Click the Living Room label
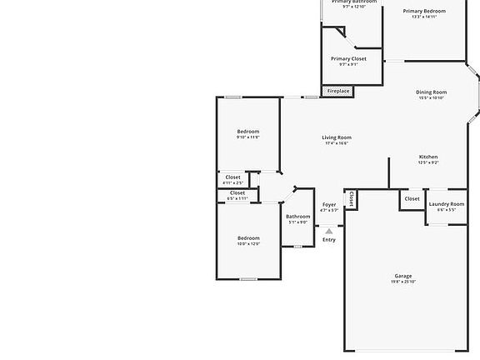click(337, 137)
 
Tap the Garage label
click(403, 276)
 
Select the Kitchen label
click(428, 157)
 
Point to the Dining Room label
click(432, 92)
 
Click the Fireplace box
click(338, 91)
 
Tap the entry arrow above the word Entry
click(329, 231)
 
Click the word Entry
click(329, 240)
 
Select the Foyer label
click(329, 204)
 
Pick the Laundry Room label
click(447, 204)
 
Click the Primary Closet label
click(348, 58)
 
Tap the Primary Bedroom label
click(424, 11)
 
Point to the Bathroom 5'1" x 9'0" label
click(297, 217)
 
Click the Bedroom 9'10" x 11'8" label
click(248, 132)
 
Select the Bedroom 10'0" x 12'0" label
click(248, 238)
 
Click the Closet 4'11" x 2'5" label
click(233, 177)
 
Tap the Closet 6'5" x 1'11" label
click(237, 193)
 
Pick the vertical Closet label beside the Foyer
click(352, 198)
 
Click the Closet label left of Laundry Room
click(412, 199)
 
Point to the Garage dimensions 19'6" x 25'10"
click(403, 282)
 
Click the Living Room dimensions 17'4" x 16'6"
click(337, 143)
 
